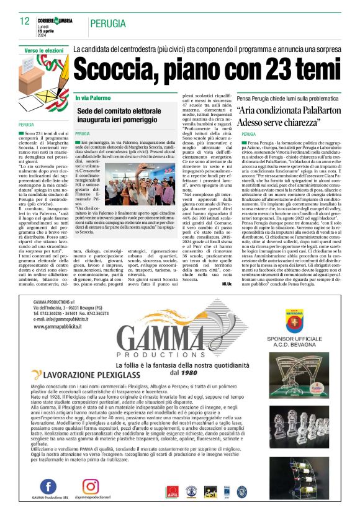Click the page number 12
[24, 20]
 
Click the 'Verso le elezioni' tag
[43, 50]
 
